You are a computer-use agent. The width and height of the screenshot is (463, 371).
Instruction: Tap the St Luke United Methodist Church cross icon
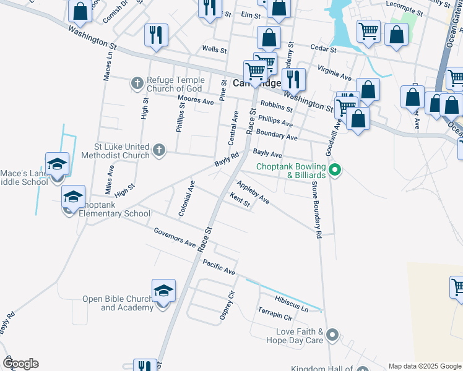[159, 149]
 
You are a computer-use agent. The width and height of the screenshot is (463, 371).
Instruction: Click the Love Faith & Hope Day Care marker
[332, 336]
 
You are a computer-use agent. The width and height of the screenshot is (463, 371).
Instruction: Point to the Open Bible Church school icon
[163, 291]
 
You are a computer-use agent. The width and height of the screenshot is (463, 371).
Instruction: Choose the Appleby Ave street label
[253, 192]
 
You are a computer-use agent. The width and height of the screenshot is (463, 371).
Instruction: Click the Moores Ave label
[195, 100]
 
